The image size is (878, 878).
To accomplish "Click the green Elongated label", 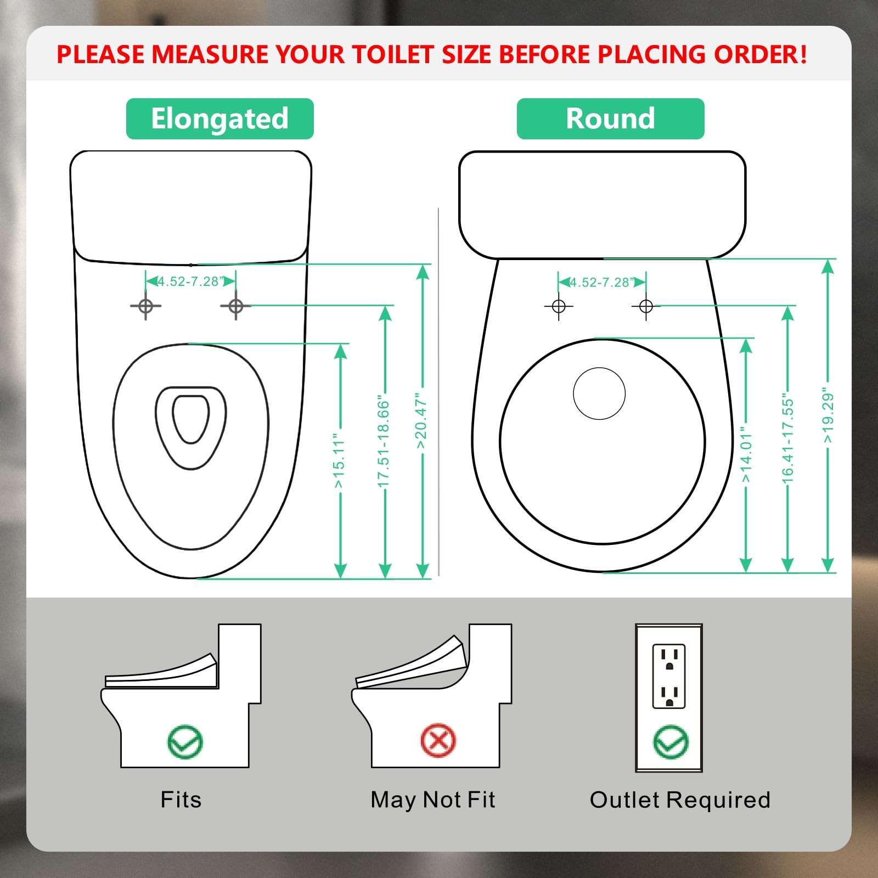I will (219, 119).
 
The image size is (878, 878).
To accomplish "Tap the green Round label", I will (610, 119).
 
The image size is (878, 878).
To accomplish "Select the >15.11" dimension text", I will (339, 464).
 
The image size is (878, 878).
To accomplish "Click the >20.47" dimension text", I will (421, 421).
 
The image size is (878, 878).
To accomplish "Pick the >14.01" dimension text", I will (746, 455).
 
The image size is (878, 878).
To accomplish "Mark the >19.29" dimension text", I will (828, 418).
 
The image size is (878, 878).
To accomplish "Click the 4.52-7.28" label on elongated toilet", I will (190, 282).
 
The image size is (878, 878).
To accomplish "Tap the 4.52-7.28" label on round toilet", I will (602, 283).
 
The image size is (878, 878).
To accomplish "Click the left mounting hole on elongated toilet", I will (145, 306).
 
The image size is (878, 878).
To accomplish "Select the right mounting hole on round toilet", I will (646, 306).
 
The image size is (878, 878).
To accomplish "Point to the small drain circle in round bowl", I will (599, 393).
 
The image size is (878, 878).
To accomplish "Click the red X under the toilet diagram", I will (438, 740).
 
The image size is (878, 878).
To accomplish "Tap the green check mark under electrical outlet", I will (671, 742).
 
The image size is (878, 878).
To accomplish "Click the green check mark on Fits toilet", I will (185, 742).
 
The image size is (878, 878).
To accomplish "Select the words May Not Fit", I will (432, 800).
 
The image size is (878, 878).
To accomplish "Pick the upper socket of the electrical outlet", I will (669, 659).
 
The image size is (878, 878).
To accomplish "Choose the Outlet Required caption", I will (680, 800).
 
